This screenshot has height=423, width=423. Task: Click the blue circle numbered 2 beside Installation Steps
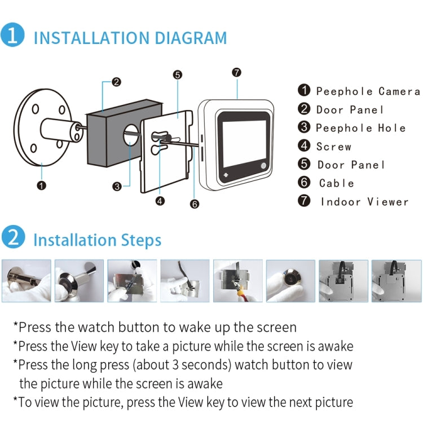click(12, 237)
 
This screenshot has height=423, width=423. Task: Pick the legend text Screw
click(334, 147)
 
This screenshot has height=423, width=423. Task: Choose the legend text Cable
click(337, 183)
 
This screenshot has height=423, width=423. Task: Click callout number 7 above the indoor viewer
click(236, 72)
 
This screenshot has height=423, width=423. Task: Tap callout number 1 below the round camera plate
click(41, 184)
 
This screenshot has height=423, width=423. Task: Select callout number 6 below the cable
click(195, 204)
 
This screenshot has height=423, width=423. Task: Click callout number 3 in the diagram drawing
click(117, 186)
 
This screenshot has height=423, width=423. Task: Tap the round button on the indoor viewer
click(263, 166)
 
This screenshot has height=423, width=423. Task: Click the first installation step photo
click(26, 280)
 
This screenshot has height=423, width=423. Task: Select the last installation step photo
click(396, 280)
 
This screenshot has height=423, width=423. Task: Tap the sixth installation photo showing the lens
click(290, 280)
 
